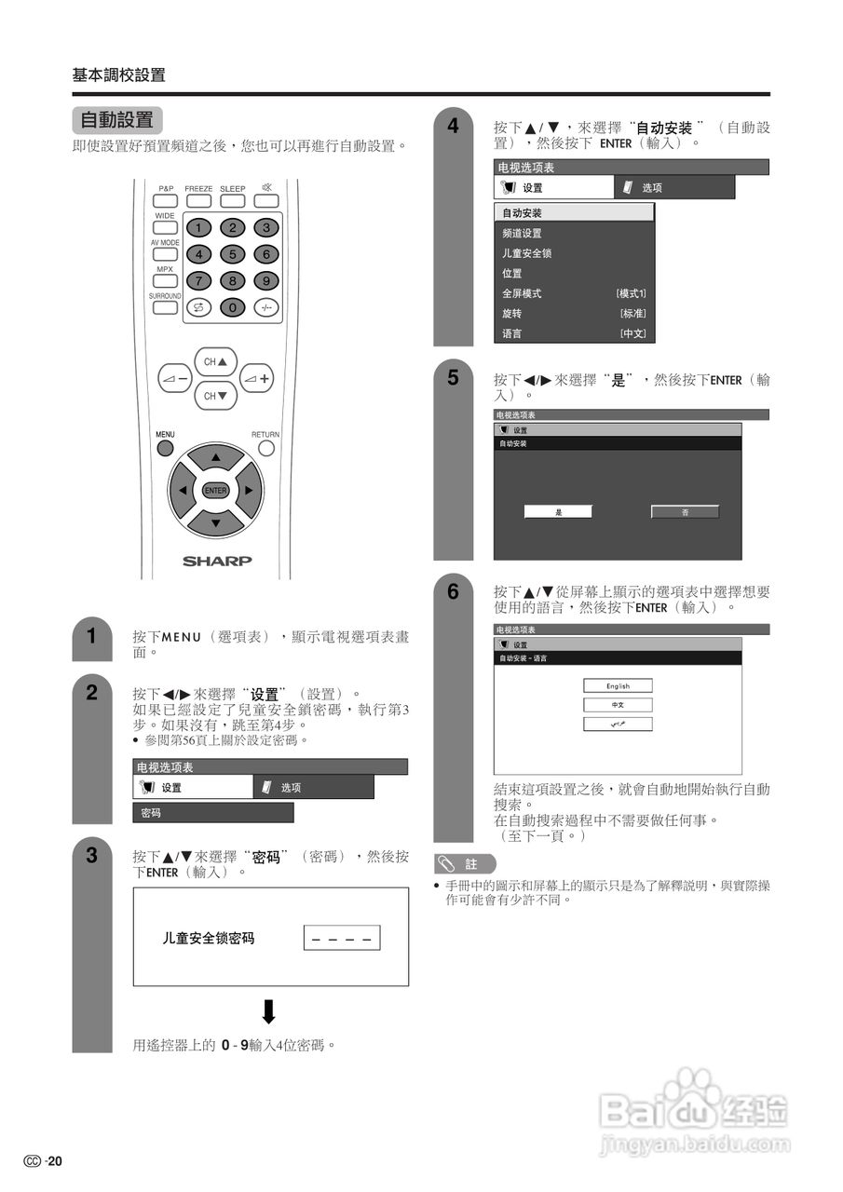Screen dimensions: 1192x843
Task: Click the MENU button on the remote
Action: coord(165,448)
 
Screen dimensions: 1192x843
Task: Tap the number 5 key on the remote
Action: coord(232,253)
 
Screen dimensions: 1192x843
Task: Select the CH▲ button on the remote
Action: coord(215,361)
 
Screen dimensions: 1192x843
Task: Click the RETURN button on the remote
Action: coord(266,448)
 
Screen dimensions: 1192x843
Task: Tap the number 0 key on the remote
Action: coord(232,307)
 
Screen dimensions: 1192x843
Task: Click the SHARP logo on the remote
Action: coord(216,561)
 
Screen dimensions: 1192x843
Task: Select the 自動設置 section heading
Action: coord(117,120)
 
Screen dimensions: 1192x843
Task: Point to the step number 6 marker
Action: coord(453,591)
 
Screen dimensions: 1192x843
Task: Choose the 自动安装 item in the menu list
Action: coord(574,212)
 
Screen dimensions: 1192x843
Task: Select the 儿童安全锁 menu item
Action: coord(527,253)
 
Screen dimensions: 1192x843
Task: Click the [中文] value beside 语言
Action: coord(632,333)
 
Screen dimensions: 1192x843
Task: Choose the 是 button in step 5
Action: coord(558,512)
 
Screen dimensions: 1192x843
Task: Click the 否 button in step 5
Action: coord(685,512)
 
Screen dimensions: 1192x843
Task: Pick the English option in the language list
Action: coord(618,685)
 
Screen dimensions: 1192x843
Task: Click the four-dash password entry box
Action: coord(342,939)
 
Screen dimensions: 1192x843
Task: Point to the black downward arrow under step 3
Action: coord(269,1011)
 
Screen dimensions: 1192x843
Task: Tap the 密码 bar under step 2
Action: coord(212,813)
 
